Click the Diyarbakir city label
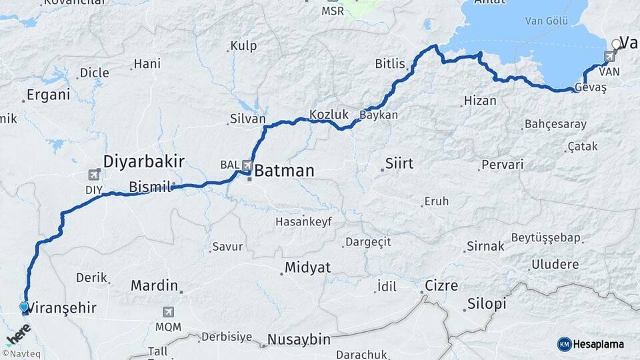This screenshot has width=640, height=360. (x=143, y=161)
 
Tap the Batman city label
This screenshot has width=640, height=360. (x=284, y=171)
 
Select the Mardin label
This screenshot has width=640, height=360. (x=154, y=286)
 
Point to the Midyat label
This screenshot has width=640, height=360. (x=307, y=267)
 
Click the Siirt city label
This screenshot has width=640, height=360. (x=399, y=163)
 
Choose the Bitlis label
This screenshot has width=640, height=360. (x=390, y=64)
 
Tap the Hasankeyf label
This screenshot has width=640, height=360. (x=303, y=221)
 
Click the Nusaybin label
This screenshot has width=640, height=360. (x=298, y=339)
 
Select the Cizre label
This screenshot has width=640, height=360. (x=442, y=286)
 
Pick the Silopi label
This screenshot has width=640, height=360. (x=485, y=304)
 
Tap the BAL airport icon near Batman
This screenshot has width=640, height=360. (x=247, y=165)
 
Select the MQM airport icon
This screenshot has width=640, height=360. (x=168, y=312)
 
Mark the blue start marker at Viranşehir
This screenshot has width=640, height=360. (x=25, y=307)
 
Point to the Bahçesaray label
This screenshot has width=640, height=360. (x=555, y=125)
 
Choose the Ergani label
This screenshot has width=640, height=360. (x=49, y=95)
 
